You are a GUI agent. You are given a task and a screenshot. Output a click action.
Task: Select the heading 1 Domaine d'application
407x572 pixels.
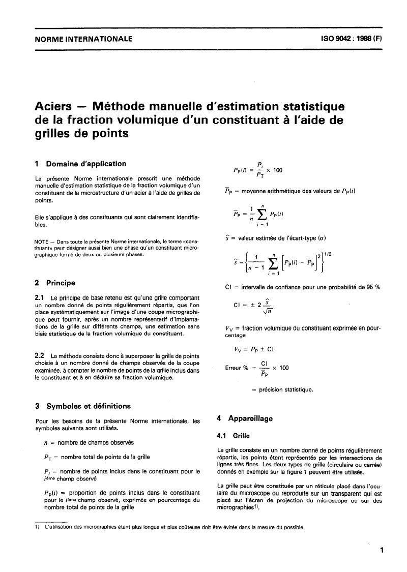(x=80, y=164)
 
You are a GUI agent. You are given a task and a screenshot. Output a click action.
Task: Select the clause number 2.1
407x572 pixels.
(x=40, y=297)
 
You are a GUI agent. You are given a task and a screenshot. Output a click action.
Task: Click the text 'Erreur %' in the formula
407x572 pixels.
(x=237, y=368)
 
